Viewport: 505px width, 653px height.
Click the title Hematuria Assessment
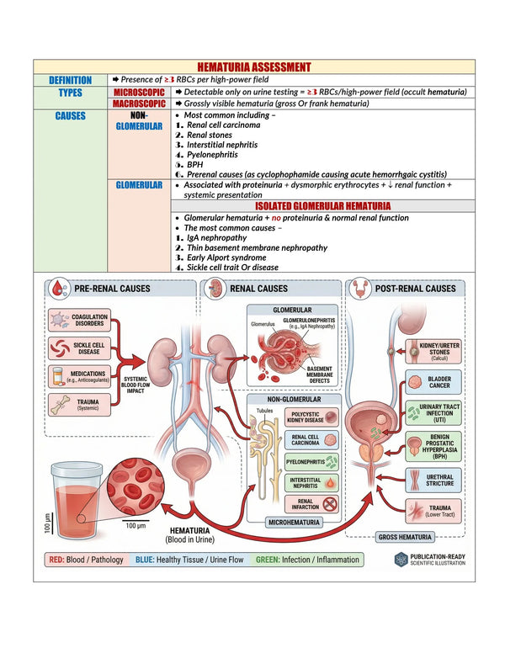(253, 67)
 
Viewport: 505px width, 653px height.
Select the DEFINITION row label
(70, 80)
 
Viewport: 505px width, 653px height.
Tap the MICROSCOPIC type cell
(139, 92)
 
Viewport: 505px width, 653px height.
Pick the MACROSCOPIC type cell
(139, 104)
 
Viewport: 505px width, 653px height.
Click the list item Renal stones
(209, 135)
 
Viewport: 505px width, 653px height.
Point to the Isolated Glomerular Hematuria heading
(323, 205)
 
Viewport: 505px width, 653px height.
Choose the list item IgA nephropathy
(216, 238)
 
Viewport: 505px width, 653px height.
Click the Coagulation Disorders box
(80, 320)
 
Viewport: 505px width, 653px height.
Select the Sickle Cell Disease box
(80, 348)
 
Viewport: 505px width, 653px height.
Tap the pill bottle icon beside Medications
(57, 376)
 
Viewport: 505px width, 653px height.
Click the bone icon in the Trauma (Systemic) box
(60, 405)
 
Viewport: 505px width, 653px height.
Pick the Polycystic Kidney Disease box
(311, 417)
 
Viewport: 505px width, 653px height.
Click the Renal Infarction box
(311, 504)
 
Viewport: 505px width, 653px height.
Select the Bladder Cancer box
(433, 382)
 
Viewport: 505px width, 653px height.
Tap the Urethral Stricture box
(433, 480)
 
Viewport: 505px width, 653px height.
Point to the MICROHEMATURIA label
(294, 523)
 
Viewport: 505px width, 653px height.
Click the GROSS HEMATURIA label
(405, 537)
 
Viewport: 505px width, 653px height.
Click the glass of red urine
(76, 500)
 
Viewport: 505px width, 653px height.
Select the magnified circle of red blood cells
(136, 486)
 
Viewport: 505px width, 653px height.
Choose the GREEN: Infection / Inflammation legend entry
(307, 560)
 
